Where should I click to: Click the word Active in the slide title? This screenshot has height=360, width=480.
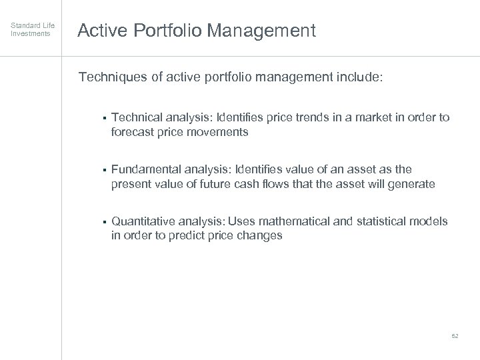[x=100, y=31]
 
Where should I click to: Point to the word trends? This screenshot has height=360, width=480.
[x=307, y=118]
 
